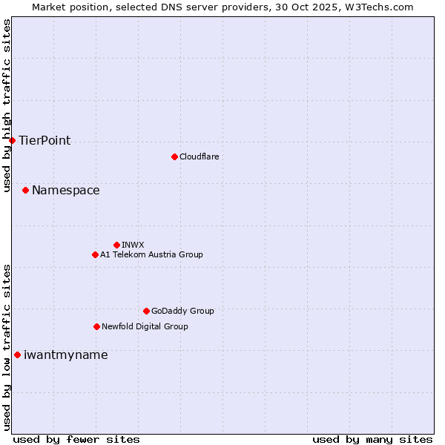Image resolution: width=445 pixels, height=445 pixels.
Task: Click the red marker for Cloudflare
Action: point(174,156)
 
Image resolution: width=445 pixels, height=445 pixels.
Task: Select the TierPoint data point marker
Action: point(12,140)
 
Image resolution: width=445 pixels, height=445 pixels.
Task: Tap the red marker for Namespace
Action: point(25,191)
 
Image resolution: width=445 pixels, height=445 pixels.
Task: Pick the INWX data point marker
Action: point(116,245)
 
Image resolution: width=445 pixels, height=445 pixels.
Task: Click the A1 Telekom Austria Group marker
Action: point(95,254)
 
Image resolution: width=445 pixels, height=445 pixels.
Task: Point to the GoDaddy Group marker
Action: point(146,311)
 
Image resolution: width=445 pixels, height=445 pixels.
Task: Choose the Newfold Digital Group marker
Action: point(96,326)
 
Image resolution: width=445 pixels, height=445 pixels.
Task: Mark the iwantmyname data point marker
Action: point(17,355)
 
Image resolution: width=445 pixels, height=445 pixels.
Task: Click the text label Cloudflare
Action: point(200,156)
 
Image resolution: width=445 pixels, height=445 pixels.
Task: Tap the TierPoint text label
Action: point(44,140)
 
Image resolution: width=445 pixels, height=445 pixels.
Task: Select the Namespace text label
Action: point(66,191)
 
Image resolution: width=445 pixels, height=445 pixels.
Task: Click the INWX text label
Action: point(133,245)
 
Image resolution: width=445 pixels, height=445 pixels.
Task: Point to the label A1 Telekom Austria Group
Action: point(151,254)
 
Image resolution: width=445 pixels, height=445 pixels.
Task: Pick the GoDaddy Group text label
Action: point(182,311)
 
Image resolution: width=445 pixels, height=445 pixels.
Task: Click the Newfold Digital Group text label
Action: point(145,326)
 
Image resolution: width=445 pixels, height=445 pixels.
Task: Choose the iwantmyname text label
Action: point(66,355)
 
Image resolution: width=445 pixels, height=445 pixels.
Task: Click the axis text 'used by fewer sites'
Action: point(76,439)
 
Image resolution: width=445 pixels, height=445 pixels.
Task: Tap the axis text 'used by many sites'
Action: point(372,439)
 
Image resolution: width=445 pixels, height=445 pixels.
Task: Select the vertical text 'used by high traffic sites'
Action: point(7,105)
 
